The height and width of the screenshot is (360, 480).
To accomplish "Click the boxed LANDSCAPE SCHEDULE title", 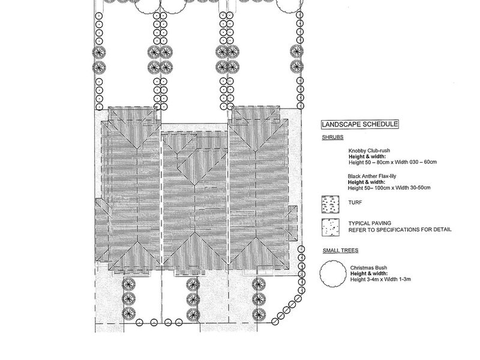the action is (x=359, y=124).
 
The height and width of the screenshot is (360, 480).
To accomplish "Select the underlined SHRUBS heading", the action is (x=332, y=137).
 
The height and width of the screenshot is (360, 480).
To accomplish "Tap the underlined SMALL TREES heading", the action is (x=340, y=250).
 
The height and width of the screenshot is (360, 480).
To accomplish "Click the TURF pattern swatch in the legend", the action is (x=331, y=204).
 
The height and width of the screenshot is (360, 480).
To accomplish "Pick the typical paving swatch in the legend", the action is (x=331, y=227).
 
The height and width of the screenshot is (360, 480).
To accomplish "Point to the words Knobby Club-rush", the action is (x=369, y=151).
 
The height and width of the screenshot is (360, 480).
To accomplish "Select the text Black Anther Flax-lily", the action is (x=372, y=176).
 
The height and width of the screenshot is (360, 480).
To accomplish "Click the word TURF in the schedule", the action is (x=355, y=202).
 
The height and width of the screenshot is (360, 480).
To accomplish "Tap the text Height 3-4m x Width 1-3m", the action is (x=380, y=279).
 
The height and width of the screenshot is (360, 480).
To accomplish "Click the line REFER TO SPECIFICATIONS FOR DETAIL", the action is (x=400, y=230).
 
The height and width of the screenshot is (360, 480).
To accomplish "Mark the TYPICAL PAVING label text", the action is (x=370, y=223).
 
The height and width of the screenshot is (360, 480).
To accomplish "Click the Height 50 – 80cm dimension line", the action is (x=393, y=162).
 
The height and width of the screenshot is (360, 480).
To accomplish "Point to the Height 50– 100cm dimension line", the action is (x=389, y=188).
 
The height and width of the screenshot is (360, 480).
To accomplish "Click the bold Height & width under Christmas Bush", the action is (x=369, y=274).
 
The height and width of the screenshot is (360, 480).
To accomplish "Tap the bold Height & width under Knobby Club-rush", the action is (x=367, y=157).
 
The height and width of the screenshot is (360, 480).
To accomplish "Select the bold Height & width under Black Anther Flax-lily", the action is (x=367, y=182).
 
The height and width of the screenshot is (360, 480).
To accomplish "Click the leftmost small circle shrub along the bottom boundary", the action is (x=139, y=322).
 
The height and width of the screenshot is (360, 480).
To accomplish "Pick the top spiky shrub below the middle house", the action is (x=193, y=285).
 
